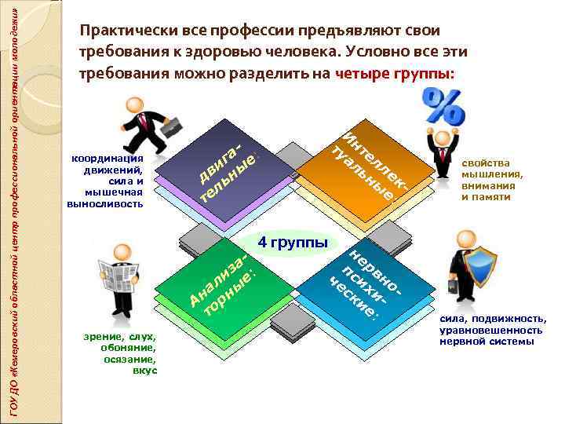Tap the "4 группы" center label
click(x=293, y=243)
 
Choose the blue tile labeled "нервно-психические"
click(x=366, y=282)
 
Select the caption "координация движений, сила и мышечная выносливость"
click(x=108, y=180)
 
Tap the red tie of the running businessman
click(x=142, y=122)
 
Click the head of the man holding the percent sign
click(x=442, y=140)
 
